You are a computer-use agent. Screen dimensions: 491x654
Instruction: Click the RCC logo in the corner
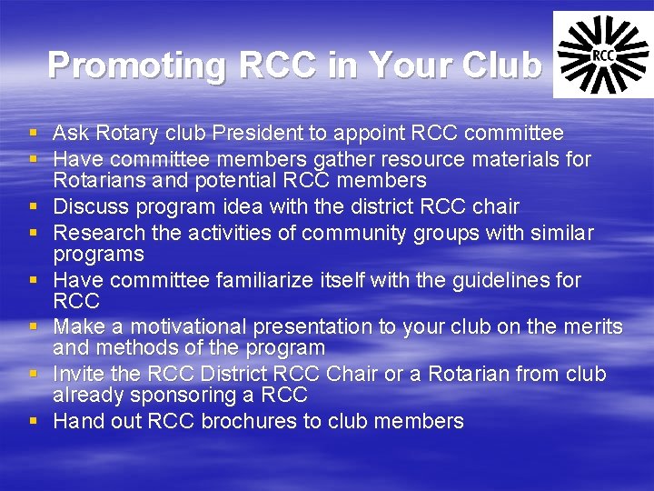coord(601,55)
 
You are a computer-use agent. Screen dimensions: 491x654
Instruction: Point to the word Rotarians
coord(103,180)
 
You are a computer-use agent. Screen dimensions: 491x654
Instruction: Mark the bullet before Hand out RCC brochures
coord(34,421)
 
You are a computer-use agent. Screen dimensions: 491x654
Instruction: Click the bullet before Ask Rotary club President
coord(34,134)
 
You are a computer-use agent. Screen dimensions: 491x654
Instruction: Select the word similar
coord(556,233)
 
